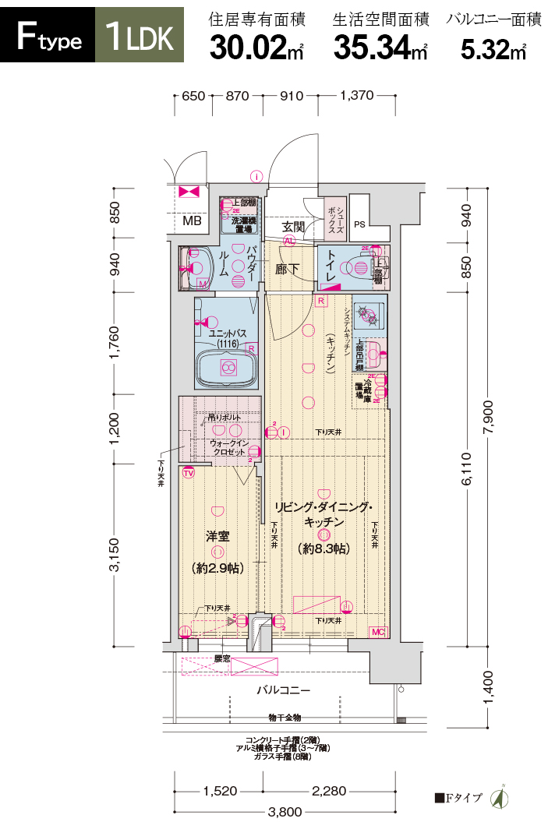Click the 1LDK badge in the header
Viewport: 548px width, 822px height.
point(140,36)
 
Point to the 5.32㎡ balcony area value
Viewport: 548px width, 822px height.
point(493,48)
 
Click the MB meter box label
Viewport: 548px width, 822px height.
point(192,221)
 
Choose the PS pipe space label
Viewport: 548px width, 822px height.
point(359,224)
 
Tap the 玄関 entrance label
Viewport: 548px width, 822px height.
point(293,227)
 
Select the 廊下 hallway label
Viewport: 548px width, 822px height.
point(288,269)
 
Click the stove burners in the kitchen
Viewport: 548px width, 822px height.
point(366,316)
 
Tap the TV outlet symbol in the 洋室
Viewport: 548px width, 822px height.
point(188,472)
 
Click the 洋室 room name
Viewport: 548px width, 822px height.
point(217,536)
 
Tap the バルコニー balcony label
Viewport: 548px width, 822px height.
point(284,690)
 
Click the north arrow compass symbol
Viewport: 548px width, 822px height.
point(498,798)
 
